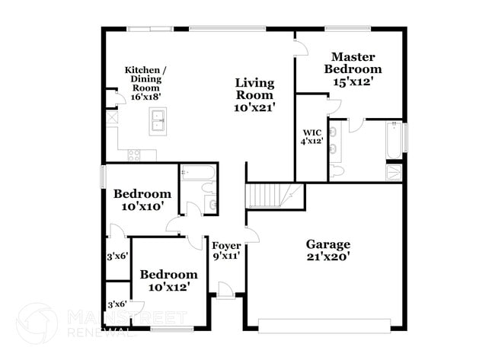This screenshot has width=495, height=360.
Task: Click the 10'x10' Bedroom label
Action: pos(142,199)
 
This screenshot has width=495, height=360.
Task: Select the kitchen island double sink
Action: pos(159,121)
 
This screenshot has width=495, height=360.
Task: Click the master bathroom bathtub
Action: pos(394,140)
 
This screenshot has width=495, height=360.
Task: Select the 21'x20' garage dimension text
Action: pos(328,257)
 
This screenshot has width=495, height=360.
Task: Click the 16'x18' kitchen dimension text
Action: pos(145,97)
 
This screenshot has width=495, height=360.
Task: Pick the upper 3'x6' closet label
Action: pos(117,256)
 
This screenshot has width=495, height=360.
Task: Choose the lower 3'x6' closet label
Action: pos(117,304)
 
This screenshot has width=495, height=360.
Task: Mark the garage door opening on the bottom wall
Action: pos(328,325)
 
